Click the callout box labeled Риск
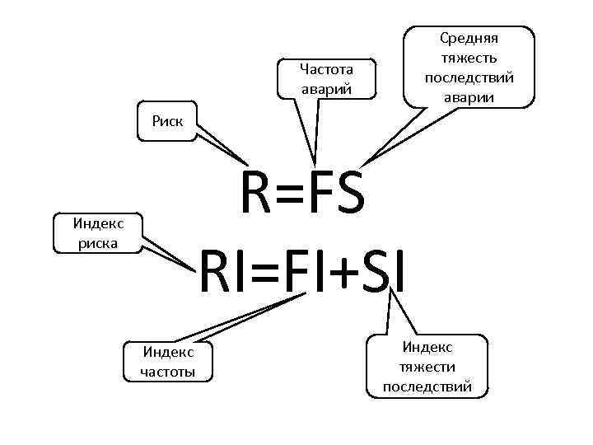(167, 123)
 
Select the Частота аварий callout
(326, 79)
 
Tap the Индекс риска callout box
(98, 232)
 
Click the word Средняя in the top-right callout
(469, 38)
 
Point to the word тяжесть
(469, 58)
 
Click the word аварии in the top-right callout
(469, 97)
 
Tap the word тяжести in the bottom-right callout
(427, 367)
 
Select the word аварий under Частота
(326, 89)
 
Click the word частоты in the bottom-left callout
(168, 372)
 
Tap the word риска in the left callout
(98, 242)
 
